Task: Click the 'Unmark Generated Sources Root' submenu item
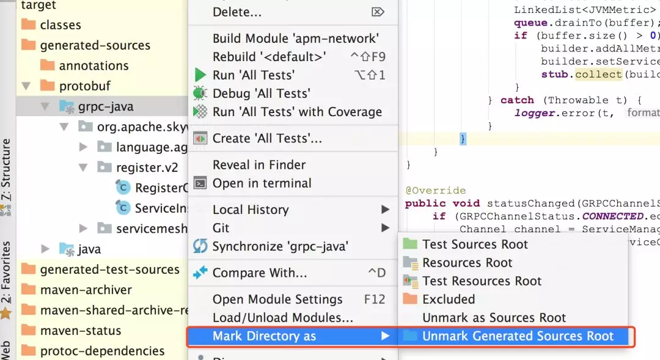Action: tap(518, 336)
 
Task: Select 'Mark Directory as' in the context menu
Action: tap(264, 336)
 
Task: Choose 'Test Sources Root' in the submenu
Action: tap(475, 244)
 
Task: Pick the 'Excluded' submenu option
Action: tap(448, 299)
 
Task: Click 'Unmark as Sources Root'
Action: tap(494, 318)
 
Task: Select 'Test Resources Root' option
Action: tap(482, 281)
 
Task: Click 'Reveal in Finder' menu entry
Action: tap(259, 165)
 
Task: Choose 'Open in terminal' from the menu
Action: tap(262, 183)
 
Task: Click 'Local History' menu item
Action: tap(251, 210)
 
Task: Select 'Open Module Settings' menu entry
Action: tap(277, 299)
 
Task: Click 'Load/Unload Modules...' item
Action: tap(283, 318)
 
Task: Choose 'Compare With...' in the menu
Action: tap(260, 273)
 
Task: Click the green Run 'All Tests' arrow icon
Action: tap(200, 75)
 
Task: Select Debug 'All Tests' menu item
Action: tap(261, 94)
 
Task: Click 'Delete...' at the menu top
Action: tap(237, 12)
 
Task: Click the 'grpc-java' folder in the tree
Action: tap(106, 106)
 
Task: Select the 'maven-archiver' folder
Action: tap(86, 290)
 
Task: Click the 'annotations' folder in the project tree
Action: tap(94, 65)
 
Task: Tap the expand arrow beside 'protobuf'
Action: tap(26, 86)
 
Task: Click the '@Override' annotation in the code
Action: tap(435, 191)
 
